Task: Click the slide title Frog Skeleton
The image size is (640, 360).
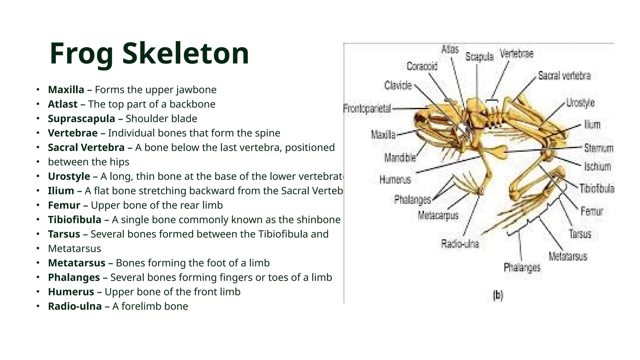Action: tap(149, 53)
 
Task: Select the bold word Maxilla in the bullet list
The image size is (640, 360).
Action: tap(66, 90)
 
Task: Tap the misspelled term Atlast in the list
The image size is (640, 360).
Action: tap(62, 104)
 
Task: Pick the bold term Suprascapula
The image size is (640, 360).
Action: tap(81, 119)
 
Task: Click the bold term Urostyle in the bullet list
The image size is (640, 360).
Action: tap(69, 176)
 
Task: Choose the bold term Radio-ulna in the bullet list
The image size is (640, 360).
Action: tap(75, 306)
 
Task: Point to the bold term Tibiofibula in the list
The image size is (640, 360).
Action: tap(74, 220)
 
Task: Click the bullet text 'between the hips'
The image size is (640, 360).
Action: tap(88, 162)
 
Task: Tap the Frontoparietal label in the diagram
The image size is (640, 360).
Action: tap(367, 109)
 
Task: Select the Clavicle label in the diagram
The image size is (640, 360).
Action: tap(398, 85)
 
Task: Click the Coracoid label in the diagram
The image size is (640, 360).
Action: tap(422, 66)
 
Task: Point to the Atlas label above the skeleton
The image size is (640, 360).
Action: tap(450, 49)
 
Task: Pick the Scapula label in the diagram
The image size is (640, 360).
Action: tap(479, 57)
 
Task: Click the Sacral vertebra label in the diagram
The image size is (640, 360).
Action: tap(564, 76)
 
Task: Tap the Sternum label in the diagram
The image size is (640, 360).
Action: tap(598, 148)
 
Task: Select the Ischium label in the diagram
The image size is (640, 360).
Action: tap(597, 167)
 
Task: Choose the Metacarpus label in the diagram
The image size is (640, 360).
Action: tap(438, 215)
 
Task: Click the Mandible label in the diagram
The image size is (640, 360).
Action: tap(400, 158)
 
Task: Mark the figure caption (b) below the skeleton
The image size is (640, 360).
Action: tap(498, 295)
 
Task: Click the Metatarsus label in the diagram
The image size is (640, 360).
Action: tap(568, 257)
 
